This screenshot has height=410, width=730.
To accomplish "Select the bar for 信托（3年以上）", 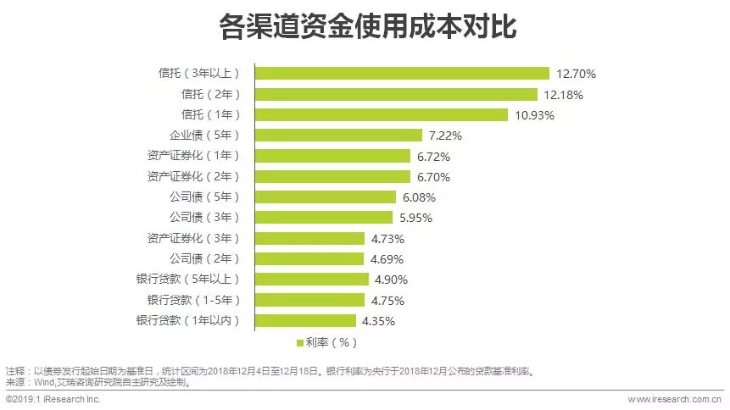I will (403, 74).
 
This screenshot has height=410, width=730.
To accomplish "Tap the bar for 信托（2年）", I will (397, 94).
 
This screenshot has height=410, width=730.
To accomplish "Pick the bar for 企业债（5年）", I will (339, 136).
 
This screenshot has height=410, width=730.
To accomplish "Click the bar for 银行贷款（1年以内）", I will (306, 321).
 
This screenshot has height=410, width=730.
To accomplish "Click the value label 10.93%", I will (534, 115).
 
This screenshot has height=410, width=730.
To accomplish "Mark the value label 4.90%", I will (392, 280).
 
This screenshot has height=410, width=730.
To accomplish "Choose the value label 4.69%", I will (387, 259).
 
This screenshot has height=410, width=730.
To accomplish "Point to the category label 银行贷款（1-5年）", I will (188, 300).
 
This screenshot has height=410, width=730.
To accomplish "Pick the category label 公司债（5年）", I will (205, 197).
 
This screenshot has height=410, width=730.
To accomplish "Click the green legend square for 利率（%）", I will (299, 343).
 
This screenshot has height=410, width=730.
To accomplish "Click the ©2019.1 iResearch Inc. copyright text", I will (53, 399).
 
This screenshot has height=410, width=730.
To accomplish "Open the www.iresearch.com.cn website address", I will (674, 399).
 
